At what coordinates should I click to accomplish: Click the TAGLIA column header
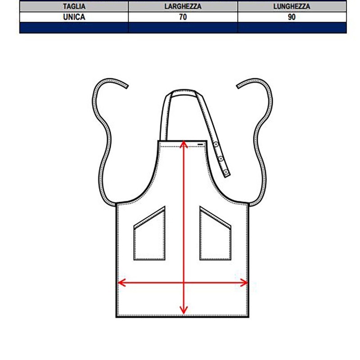(74, 6)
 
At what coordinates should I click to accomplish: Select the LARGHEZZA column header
(183, 6)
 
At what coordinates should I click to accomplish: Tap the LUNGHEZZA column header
(292, 6)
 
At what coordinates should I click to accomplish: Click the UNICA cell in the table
(74, 17)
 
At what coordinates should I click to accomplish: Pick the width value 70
(183, 17)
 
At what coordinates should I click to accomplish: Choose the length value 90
(292, 17)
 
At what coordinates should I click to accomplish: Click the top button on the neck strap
(216, 144)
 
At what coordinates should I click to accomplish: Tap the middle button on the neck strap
(221, 158)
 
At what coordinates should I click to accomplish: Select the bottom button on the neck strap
(226, 172)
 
